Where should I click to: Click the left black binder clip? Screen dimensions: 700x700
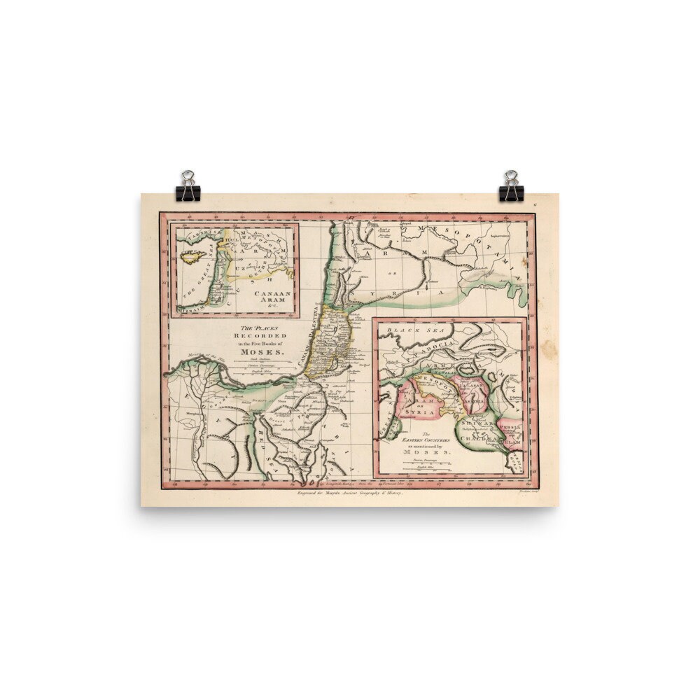click(188, 187)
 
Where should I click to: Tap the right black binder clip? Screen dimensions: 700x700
click(511, 187)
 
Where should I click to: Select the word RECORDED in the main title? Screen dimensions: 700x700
click(261, 335)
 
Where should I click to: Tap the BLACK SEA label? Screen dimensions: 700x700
click(407, 329)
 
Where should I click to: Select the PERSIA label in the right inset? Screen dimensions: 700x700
click(507, 425)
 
